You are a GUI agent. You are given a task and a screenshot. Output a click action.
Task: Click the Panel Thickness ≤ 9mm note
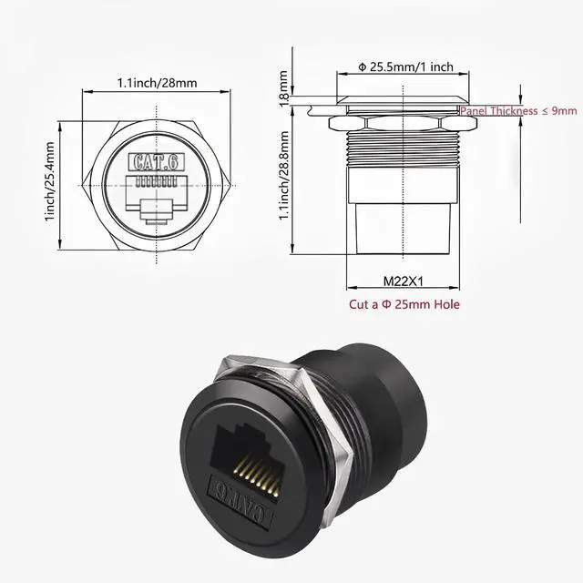tap(518, 110)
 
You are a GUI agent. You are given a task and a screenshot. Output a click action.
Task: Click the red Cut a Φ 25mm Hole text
tap(404, 304)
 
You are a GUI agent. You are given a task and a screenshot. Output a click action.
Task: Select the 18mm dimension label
tap(283, 88)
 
